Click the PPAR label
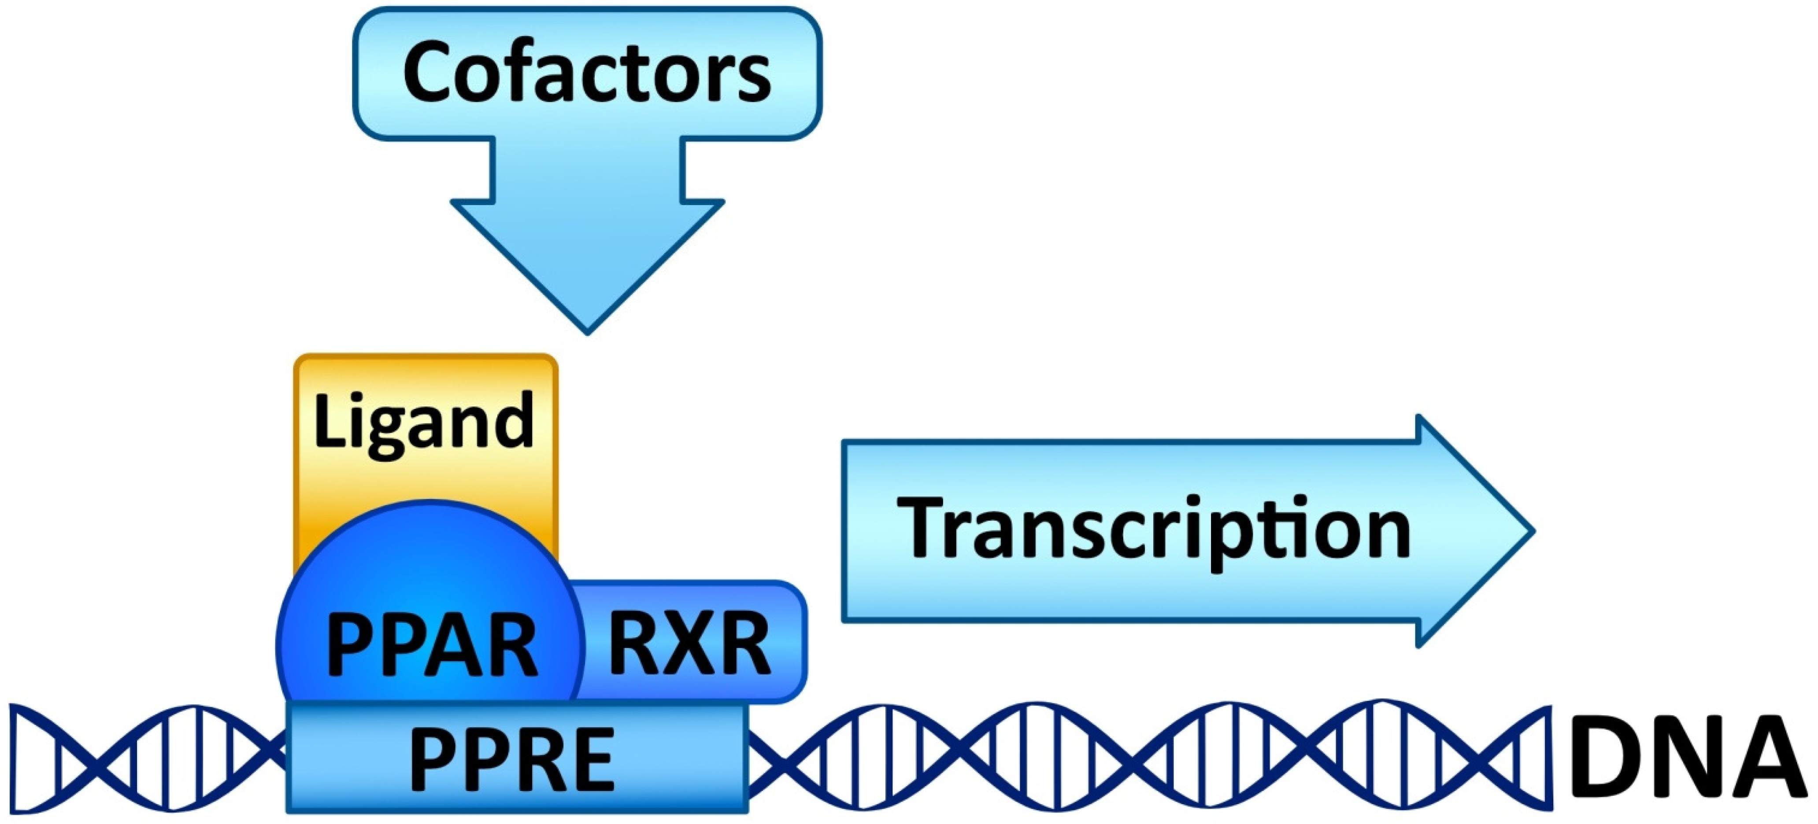point(432,646)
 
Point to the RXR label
point(689,644)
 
